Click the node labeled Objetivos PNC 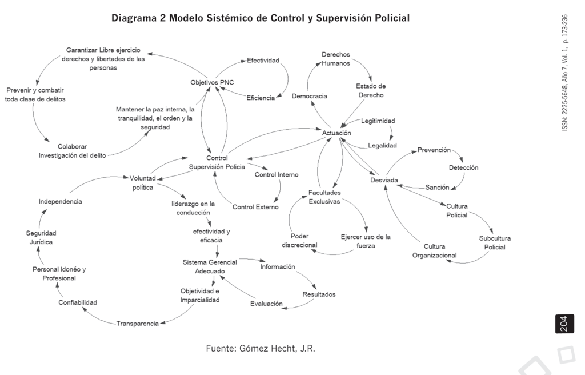click(x=212, y=82)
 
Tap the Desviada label click(x=384, y=181)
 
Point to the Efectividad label click(x=262, y=59)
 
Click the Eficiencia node click(x=261, y=98)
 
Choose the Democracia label click(x=309, y=96)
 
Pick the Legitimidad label click(x=378, y=121)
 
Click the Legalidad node click(x=382, y=145)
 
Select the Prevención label click(x=434, y=150)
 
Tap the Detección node click(x=463, y=167)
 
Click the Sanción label click(x=437, y=187)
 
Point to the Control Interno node click(x=277, y=174)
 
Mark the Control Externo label click(x=255, y=207)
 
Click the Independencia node click(x=60, y=201)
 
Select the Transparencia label click(x=137, y=324)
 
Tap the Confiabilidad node click(x=78, y=302)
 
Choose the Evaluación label click(x=266, y=304)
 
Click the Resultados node click(x=319, y=294)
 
